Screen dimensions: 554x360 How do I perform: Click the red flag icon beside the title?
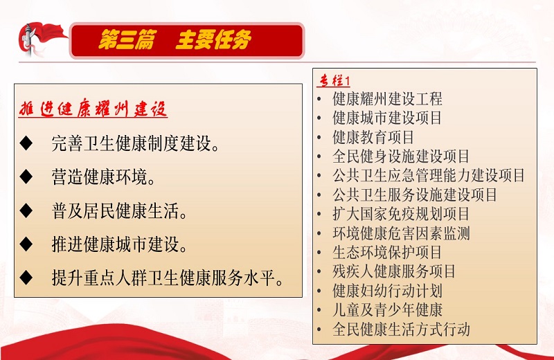(41, 39)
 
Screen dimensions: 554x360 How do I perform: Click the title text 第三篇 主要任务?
(175, 39)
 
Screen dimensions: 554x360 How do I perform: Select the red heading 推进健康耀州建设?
(93, 109)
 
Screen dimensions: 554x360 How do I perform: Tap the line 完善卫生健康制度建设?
(136, 143)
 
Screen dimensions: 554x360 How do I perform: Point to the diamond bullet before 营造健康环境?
(26, 177)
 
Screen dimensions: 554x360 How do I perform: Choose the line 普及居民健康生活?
(120, 211)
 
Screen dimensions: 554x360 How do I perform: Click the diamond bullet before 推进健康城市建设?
(26, 244)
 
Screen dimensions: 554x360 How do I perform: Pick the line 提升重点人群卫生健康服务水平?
(168, 278)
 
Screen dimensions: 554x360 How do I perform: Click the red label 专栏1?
(334, 80)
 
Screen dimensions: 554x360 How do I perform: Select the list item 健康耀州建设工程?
(387, 98)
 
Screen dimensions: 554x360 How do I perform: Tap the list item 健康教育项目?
(373, 137)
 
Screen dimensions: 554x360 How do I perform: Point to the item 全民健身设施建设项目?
(401, 156)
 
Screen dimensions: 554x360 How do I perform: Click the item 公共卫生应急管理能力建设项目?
(429, 175)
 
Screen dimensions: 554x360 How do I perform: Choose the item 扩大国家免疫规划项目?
(401, 214)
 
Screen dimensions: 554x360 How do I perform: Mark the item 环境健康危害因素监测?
(401, 233)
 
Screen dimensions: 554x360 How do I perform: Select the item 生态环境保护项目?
(387, 252)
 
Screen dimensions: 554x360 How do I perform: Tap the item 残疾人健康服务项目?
(394, 271)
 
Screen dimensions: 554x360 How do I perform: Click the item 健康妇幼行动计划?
(387, 291)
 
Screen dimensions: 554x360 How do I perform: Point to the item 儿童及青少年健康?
(387, 310)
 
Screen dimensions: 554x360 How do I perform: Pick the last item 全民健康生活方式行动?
(401, 330)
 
